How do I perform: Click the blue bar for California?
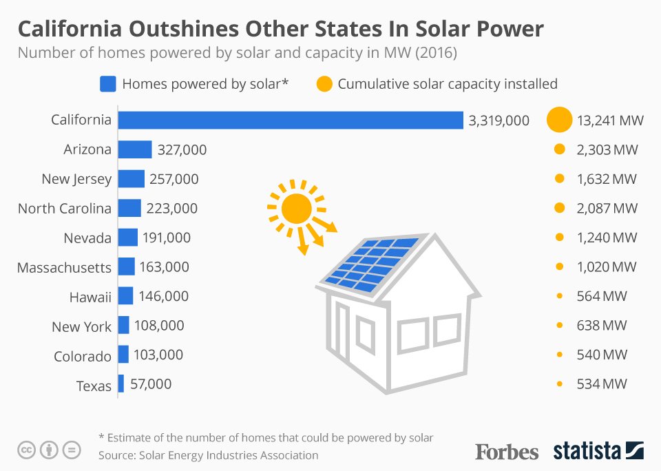coord(290,120)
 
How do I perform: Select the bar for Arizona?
coord(134,149)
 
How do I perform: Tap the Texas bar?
coord(120,384)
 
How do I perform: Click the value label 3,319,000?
coord(499,121)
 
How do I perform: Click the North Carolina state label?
coord(64,209)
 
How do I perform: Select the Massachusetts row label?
coord(64,267)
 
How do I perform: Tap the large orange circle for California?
coord(559,120)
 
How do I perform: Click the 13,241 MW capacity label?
coord(610,121)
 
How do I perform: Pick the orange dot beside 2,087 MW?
coord(559,208)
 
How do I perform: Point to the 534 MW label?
coord(602,384)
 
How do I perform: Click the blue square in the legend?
coord(107,84)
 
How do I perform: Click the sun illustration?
coord(297,208)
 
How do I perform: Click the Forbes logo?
coord(506,451)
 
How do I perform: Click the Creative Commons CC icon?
coord(26,450)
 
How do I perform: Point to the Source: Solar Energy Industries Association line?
coord(208,455)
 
